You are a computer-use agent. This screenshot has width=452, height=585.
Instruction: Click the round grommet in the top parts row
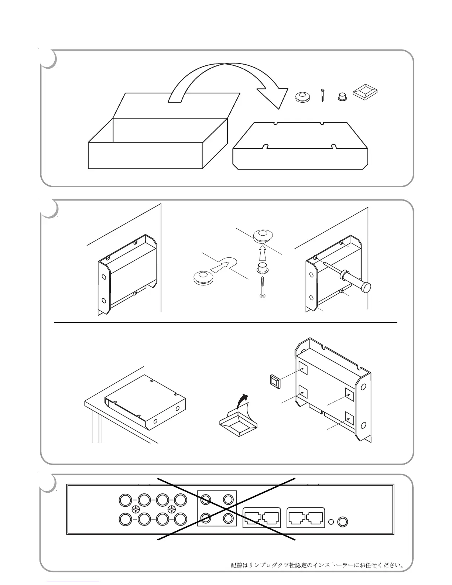pos(302,97)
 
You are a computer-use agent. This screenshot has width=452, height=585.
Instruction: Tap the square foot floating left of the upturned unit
pos(275,381)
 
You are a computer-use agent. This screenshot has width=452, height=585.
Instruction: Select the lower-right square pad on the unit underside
pos(349,417)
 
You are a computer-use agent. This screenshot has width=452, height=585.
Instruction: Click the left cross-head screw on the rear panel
pos(136,510)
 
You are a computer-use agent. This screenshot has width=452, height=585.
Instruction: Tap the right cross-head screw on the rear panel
pos(172,510)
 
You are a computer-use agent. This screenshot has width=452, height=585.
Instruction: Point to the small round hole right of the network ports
pos(331,522)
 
